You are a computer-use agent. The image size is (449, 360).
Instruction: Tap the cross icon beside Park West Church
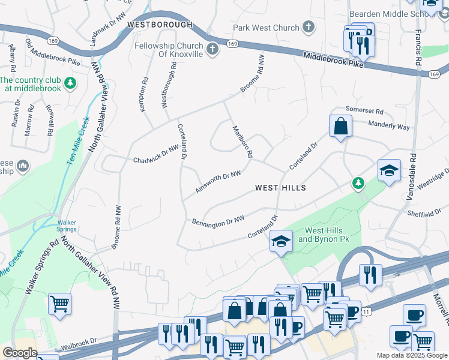(309, 27)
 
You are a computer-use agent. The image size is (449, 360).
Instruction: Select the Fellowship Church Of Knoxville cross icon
(212, 49)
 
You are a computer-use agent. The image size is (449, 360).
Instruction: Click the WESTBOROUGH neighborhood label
(160, 25)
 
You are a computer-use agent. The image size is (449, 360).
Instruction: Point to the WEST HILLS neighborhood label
(280, 188)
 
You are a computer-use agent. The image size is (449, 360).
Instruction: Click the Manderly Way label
(390, 127)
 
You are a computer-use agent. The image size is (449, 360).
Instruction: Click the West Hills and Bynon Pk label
(324, 235)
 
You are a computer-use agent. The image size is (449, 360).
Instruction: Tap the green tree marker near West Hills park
(358, 182)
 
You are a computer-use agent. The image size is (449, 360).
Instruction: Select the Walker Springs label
(67, 225)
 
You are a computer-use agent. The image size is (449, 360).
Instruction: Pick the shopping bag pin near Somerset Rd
(340, 127)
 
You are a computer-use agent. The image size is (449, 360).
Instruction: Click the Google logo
(20, 353)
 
